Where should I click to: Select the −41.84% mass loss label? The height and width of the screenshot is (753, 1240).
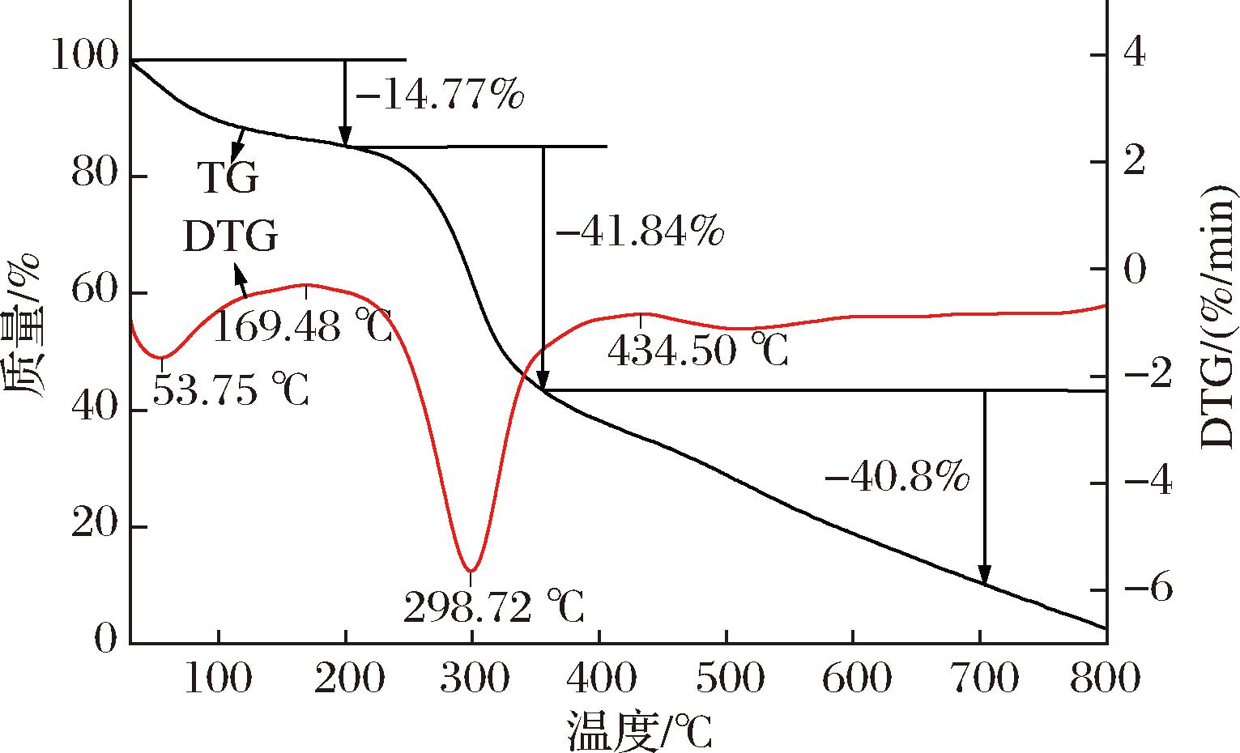pos(639,233)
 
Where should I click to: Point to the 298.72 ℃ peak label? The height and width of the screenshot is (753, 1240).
pos(493,607)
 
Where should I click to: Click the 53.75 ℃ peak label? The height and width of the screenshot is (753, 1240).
pos(230,392)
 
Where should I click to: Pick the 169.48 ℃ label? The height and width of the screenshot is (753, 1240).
pos(303,329)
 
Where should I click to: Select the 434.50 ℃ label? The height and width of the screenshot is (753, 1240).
pos(697,351)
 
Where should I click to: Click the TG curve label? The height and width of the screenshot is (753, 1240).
pos(228,179)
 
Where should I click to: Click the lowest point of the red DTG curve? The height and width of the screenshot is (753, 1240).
pos(471,571)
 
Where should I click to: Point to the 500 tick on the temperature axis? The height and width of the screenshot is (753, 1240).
pos(727,679)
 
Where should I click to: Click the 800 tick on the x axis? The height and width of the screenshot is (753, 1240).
pos(1105,679)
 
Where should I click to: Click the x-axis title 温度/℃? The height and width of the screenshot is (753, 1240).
pos(639,731)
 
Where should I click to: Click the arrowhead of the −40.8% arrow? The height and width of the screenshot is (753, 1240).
pos(984,576)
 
